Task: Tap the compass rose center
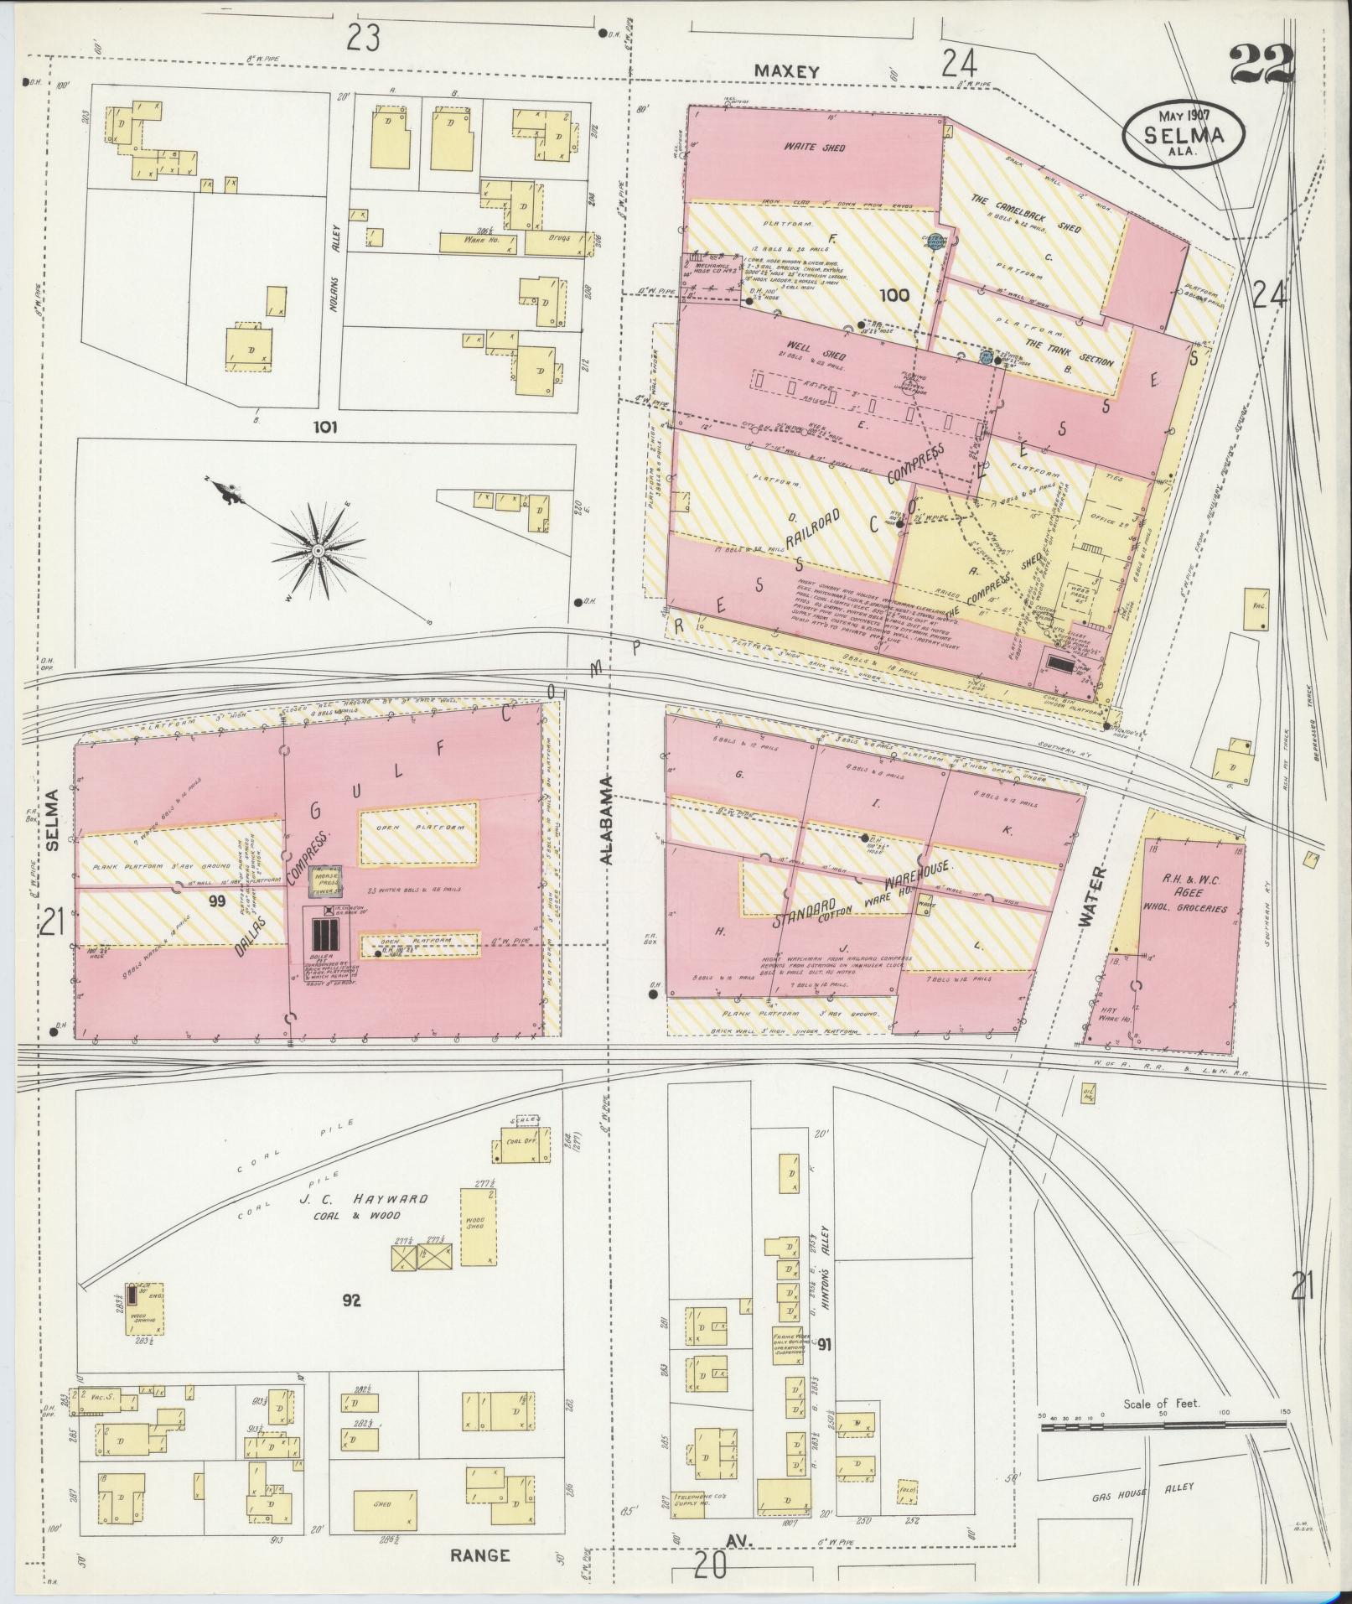318,549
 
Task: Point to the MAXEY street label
785,72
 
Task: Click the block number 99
218,901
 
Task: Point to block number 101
324,427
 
